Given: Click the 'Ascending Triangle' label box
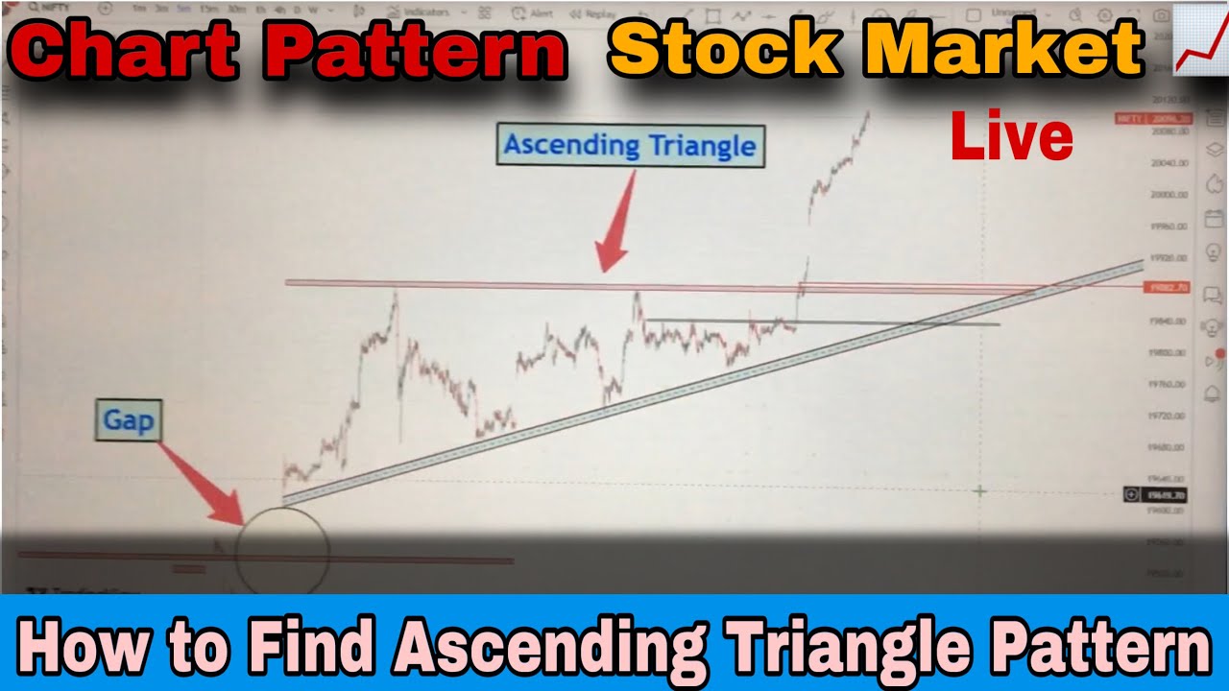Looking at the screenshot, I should click(630, 146).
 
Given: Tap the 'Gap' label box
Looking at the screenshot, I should click(128, 420).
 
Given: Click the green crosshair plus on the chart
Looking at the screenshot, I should click(979, 490).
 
